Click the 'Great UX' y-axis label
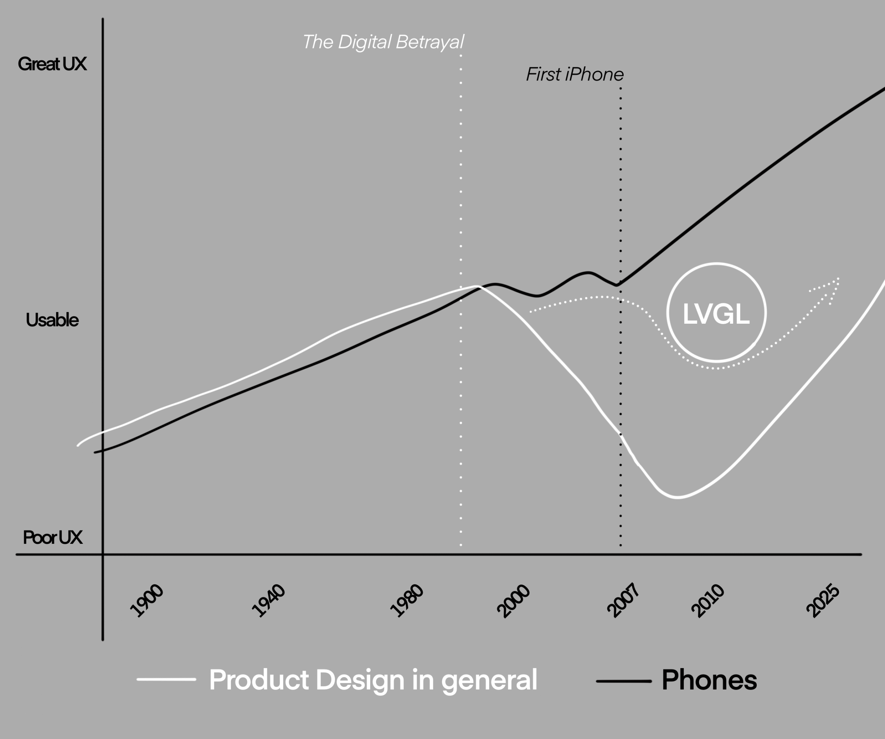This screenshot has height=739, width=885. point(52,64)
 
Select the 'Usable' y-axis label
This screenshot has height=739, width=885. point(52,320)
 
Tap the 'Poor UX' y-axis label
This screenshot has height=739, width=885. point(53,537)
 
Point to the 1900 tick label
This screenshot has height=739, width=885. point(147,600)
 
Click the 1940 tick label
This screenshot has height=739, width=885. point(269,600)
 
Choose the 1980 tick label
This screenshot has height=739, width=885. point(407,600)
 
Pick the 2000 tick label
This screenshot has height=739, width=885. point(513,600)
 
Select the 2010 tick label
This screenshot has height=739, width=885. point(708,600)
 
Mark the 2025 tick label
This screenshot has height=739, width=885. point(823,600)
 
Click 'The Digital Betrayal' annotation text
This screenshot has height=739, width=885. point(383,42)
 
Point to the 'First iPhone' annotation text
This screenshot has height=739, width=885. point(575,75)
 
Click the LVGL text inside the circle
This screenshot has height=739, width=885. point(716,314)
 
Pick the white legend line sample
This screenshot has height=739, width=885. point(167,679)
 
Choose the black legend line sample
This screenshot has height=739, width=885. point(624,681)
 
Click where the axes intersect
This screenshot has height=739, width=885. point(103,555)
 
